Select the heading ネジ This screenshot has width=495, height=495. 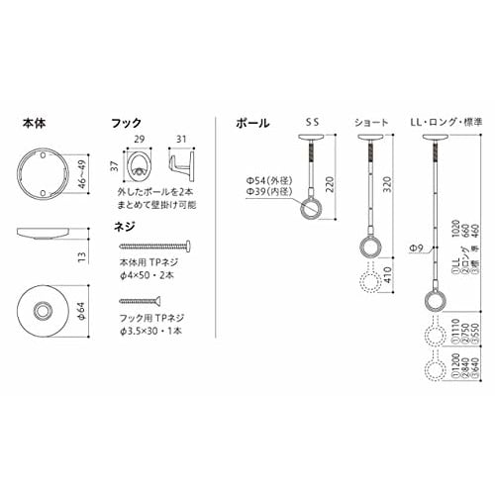pyautogui.click(x=124, y=227)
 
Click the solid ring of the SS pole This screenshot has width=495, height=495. pyautogui.click(x=316, y=208)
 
